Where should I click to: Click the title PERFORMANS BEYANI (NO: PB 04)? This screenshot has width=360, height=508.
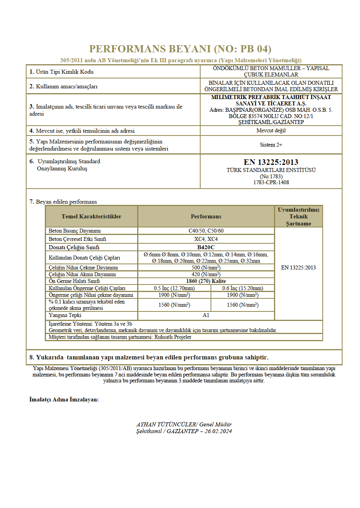tap(180, 49)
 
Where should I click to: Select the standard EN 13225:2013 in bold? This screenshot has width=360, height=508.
tap(271, 162)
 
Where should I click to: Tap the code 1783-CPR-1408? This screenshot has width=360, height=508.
tap(271, 183)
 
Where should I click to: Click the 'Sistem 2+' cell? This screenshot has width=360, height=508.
tap(271, 145)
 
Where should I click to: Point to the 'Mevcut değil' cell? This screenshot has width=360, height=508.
tap(271, 130)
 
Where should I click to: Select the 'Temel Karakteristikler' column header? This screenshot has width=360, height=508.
tap(91, 216)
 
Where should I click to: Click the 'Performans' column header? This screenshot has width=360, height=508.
tap(206, 216)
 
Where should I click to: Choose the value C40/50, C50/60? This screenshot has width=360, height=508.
tap(206, 231)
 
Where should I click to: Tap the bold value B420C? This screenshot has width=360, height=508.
tap(206, 247)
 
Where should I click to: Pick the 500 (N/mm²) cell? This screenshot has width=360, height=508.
tap(206, 267)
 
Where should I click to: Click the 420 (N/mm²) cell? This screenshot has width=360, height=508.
tap(206, 274)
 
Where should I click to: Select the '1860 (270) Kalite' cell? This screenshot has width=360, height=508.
tap(206, 281)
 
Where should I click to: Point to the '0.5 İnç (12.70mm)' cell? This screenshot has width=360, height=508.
tap(174, 288)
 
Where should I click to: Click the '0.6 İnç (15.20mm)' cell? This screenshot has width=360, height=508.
tap(243, 288)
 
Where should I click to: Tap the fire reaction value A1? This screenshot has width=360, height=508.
tap(206, 315)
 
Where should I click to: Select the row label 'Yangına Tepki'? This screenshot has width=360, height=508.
tap(65, 315)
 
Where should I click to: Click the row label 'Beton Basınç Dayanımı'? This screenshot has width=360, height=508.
tap(75, 231)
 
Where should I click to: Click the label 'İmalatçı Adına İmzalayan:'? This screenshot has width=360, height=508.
tap(64, 399)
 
